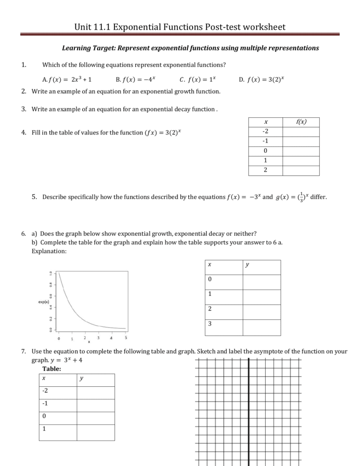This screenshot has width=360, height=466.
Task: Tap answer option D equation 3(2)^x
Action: pos(261,79)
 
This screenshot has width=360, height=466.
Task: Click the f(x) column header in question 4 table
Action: pos(301,122)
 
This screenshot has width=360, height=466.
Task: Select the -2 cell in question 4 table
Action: pos(265,132)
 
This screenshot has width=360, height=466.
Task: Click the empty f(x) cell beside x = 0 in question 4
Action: pos(301,151)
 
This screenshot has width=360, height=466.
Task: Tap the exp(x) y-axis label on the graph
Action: pos(44,302)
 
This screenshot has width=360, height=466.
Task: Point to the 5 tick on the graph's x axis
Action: pos(126,338)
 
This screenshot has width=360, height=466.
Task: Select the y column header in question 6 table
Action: pos(247,265)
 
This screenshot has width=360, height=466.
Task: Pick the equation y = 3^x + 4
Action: pos(60,360)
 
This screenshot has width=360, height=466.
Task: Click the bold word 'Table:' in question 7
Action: pos(52,369)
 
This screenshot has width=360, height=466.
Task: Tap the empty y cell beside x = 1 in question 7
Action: pos(95,429)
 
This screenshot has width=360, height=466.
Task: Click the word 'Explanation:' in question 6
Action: pos(50,251)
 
